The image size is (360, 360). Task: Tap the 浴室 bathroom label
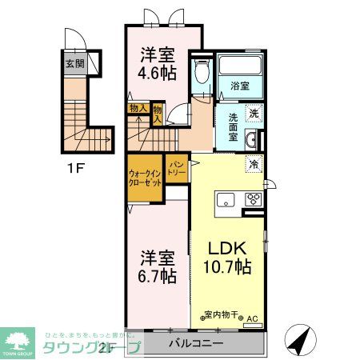tap(241, 85)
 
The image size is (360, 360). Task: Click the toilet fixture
tap(201, 74)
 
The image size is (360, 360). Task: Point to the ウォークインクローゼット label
tap(145, 178)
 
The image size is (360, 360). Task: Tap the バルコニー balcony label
tap(196, 344)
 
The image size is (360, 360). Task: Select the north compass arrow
tap(298, 342)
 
